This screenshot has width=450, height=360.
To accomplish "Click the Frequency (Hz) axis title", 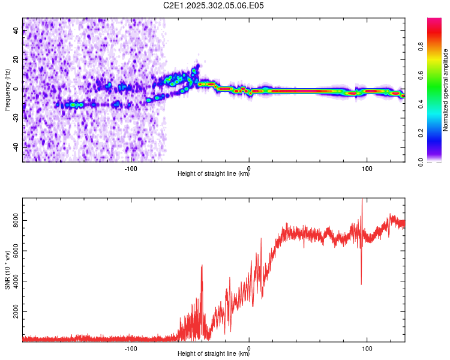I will [x=7, y=91].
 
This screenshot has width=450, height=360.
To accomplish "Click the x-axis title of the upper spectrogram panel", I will [x=214, y=175].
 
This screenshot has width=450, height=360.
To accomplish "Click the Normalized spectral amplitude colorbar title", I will [x=446, y=91].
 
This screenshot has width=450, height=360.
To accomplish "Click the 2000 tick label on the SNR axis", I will [x=13, y=313].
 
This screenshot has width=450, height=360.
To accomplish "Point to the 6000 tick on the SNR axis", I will [x=13, y=251].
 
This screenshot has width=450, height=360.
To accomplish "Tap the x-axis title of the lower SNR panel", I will [x=214, y=355].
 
